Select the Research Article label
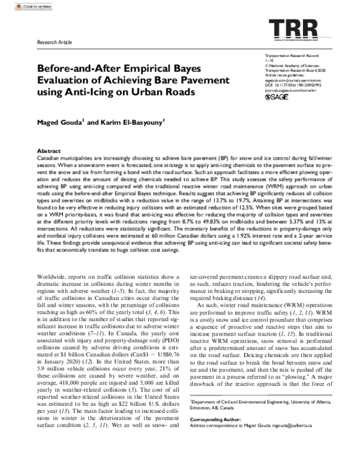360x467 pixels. tap(55, 44)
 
